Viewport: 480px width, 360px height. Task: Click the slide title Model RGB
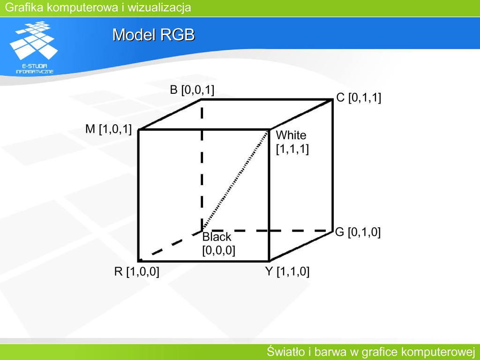(x=154, y=35)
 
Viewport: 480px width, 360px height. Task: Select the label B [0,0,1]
(x=192, y=90)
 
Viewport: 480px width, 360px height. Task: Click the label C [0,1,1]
(x=359, y=97)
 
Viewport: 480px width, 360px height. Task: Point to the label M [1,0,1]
(x=108, y=129)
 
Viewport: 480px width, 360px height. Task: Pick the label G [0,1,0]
(x=358, y=232)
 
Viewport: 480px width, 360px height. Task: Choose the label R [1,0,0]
(x=136, y=271)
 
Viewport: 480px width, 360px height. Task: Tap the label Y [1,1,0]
(x=287, y=271)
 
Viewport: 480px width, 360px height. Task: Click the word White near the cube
(x=291, y=135)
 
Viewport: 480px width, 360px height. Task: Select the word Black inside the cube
(x=217, y=237)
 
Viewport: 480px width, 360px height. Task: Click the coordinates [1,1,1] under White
(x=292, y=149)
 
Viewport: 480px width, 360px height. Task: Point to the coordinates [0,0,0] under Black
(x=218, y=250)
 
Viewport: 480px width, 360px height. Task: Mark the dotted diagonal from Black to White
(x=235, y=180)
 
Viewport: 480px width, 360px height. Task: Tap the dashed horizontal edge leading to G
(x=267, y=230)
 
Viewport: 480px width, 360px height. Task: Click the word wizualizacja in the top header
(x=159, y=7)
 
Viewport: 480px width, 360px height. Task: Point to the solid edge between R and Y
(x=203, y=261)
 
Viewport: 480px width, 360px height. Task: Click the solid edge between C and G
(x=332, y=165)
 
